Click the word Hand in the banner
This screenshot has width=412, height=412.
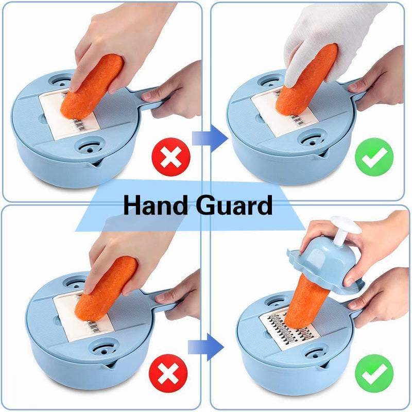click(x=156, y=205)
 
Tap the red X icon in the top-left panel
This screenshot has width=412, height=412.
click(x=171, y=157)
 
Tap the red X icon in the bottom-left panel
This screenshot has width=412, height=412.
click(x=168, y=373)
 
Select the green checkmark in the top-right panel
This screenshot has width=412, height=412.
click(x=374, y=157)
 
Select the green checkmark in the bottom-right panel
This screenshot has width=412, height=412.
click(x=374, y=373)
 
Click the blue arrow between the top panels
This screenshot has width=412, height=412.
click(x=210, y=138)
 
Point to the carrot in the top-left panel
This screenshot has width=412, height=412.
click(x=92, y=87)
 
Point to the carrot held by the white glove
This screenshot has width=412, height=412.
click(x=306, y=80)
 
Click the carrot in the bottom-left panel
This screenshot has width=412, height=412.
click(x=106, y=288)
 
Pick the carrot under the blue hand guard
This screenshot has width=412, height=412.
click(x=306, y=301)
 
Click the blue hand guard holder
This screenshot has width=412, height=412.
click(x=326, y=265)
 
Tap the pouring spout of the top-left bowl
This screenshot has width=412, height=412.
click(x=92, y=164)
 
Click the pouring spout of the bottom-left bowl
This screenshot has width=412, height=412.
click(x=107, y=365)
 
